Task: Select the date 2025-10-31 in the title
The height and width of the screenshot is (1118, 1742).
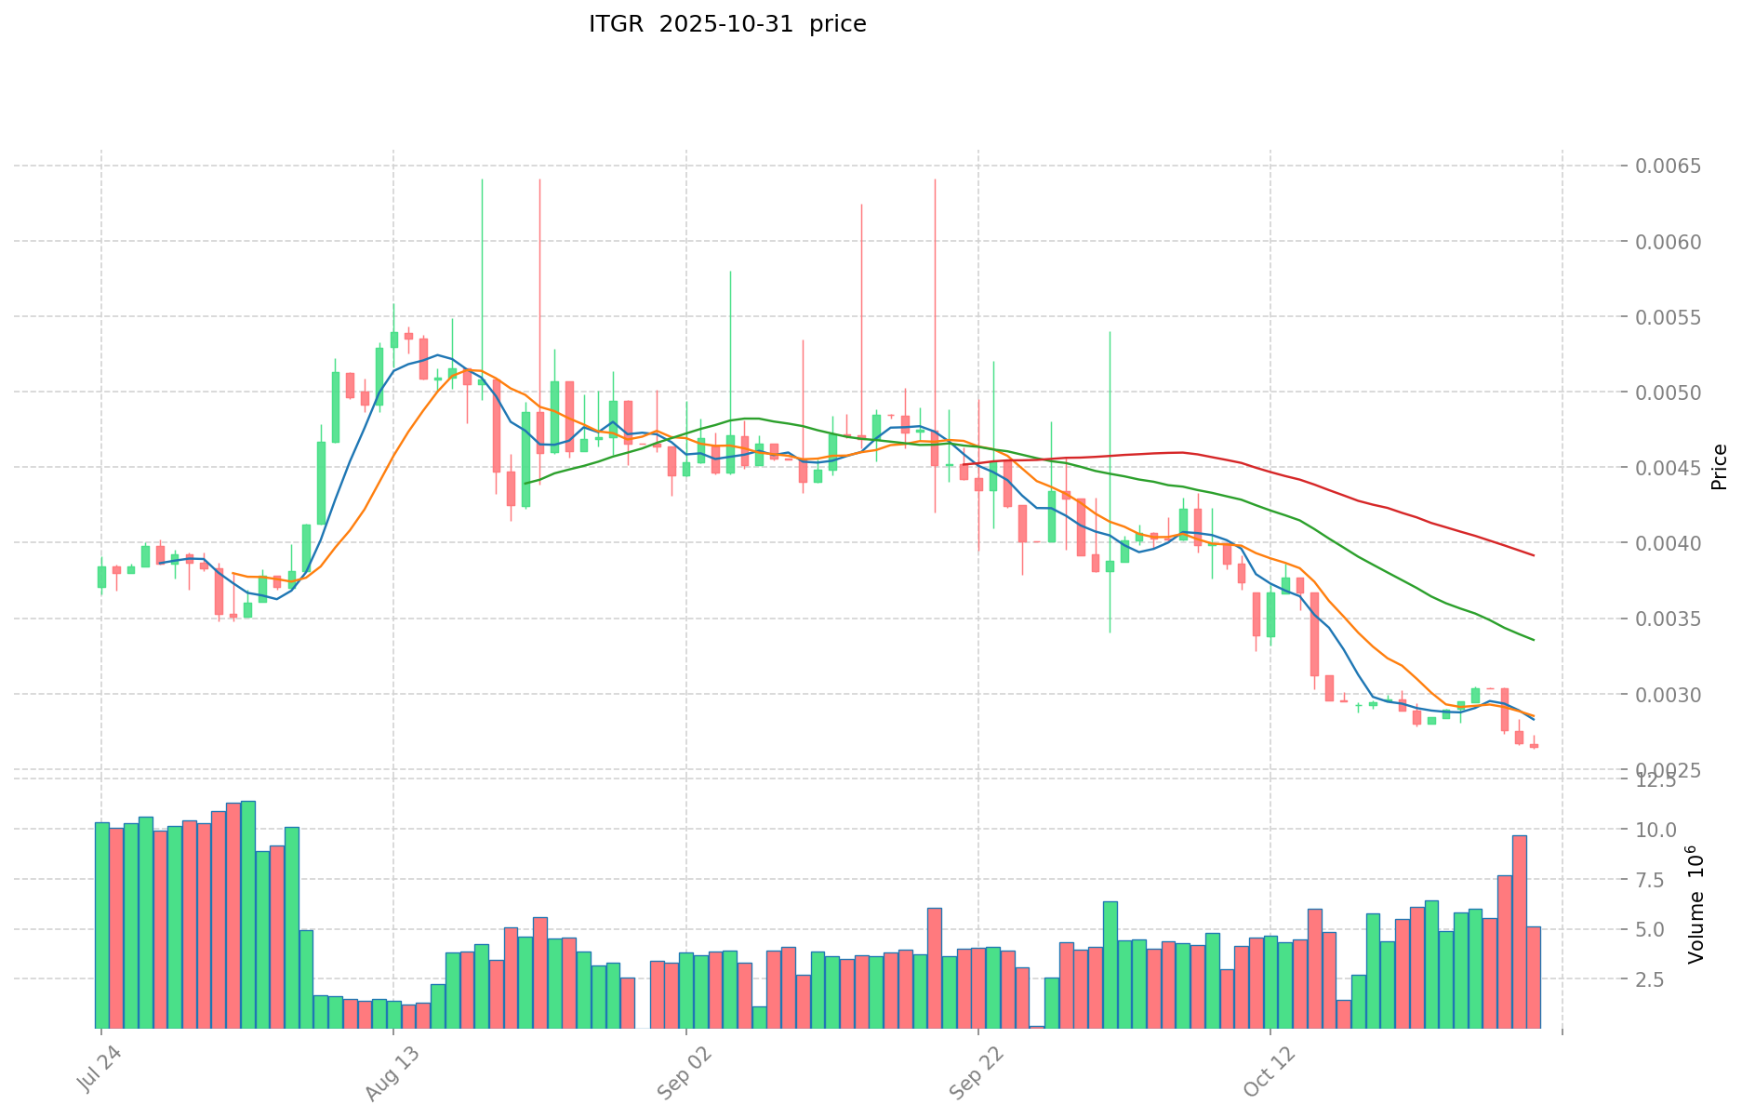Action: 727,24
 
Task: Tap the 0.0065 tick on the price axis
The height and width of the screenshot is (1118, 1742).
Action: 1669,166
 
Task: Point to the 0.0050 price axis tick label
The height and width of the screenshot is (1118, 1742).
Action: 1669,393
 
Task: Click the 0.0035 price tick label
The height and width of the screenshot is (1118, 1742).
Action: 1669,619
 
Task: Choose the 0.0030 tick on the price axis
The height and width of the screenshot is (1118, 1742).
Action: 1669,695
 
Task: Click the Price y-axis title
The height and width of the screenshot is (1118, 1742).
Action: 1719,467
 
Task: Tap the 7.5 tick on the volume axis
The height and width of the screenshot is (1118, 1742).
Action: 1661,880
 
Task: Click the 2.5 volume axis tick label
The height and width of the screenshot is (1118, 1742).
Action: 1661,979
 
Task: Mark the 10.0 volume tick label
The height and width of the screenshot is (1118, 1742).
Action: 1657,830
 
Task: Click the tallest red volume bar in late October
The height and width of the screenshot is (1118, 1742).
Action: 1519,930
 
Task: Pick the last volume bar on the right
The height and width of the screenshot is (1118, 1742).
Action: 1534,977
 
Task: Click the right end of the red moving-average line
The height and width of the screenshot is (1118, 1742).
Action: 1534,555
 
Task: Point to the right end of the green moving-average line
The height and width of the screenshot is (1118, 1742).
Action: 1534,640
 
